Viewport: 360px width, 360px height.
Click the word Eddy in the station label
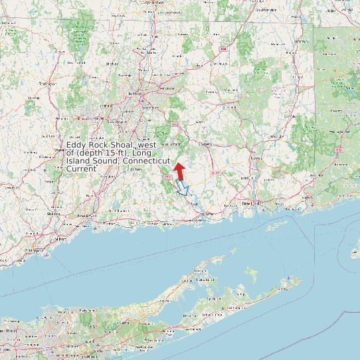coord(76,145)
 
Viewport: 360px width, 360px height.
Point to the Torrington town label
coord(46,84)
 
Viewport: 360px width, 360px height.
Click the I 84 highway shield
coord(224,49)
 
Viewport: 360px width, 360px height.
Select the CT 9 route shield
coord(169,178)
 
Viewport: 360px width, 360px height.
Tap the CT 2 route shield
coord(175,124)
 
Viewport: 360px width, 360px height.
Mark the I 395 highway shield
coord(339,150)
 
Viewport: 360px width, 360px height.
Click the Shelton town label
coord(53,213)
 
